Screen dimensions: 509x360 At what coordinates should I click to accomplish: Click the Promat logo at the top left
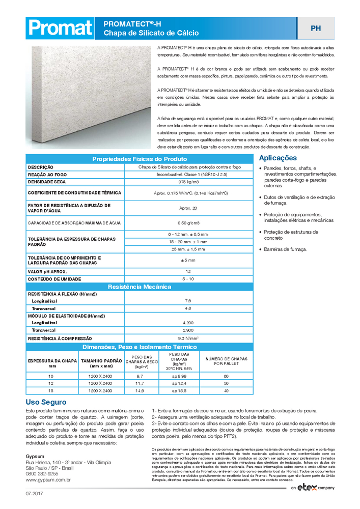59,28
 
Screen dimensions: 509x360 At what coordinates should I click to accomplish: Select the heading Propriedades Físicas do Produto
139,159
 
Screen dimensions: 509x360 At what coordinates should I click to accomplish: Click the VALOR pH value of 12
188,271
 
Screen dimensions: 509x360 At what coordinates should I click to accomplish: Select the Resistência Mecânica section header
139,287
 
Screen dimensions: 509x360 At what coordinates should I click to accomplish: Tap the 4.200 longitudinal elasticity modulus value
188,323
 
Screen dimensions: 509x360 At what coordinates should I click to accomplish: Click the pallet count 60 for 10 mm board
226,376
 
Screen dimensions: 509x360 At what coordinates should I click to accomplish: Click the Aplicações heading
278,158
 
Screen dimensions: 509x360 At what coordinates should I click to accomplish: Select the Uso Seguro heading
46,402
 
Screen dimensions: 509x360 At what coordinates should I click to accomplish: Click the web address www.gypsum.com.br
48,479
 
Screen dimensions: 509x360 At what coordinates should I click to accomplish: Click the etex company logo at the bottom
313,488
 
